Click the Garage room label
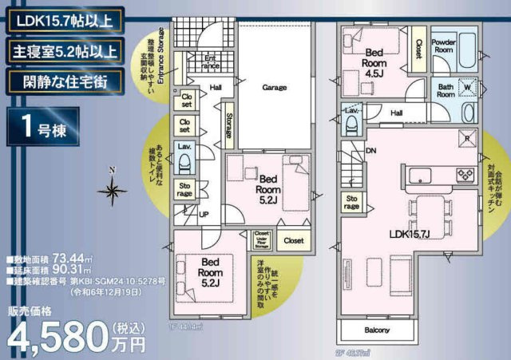pos(275,88)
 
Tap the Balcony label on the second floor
pos(378,330)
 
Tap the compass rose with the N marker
pos(113,190)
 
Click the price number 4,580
pos(61,337)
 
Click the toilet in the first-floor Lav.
pos(184,163)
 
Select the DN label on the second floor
pos(370,150)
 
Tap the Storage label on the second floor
pos(351,202)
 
